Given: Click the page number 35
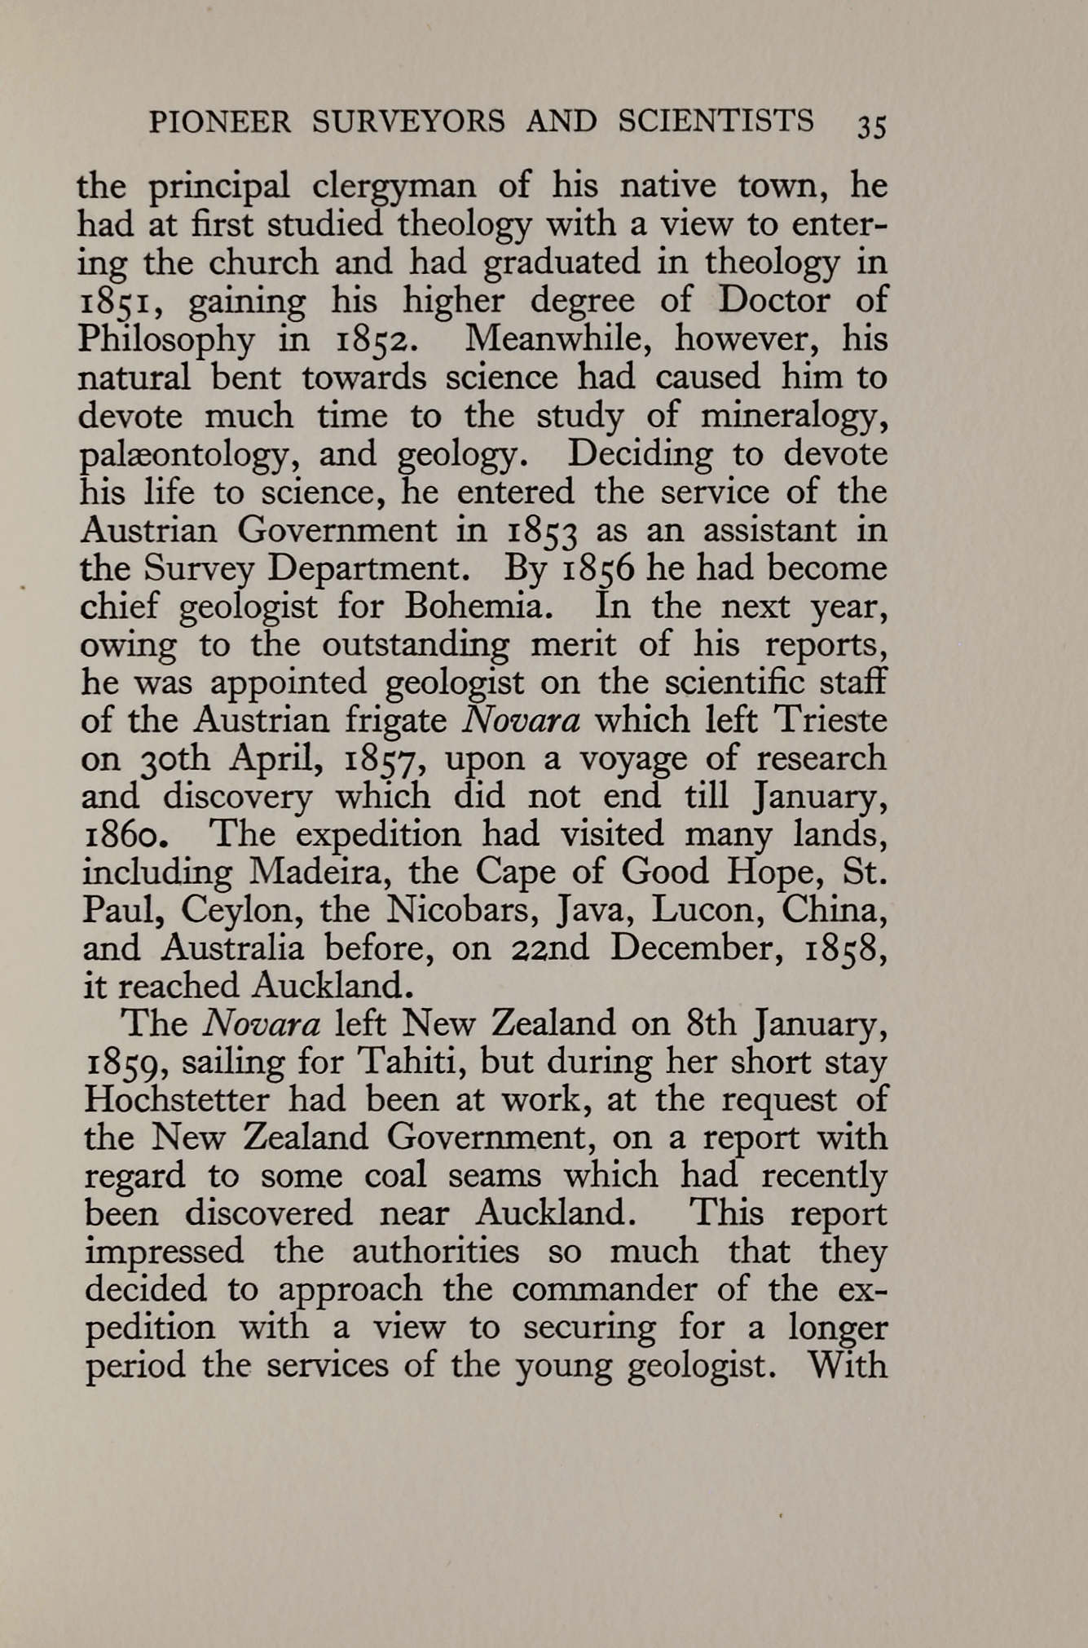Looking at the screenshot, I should pyautogui.click(x=870, y=126).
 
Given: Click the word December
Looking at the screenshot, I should pyautogui.click(x=696, y=948).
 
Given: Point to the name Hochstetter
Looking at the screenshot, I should pyautogui.click(x=177, y=1101).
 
